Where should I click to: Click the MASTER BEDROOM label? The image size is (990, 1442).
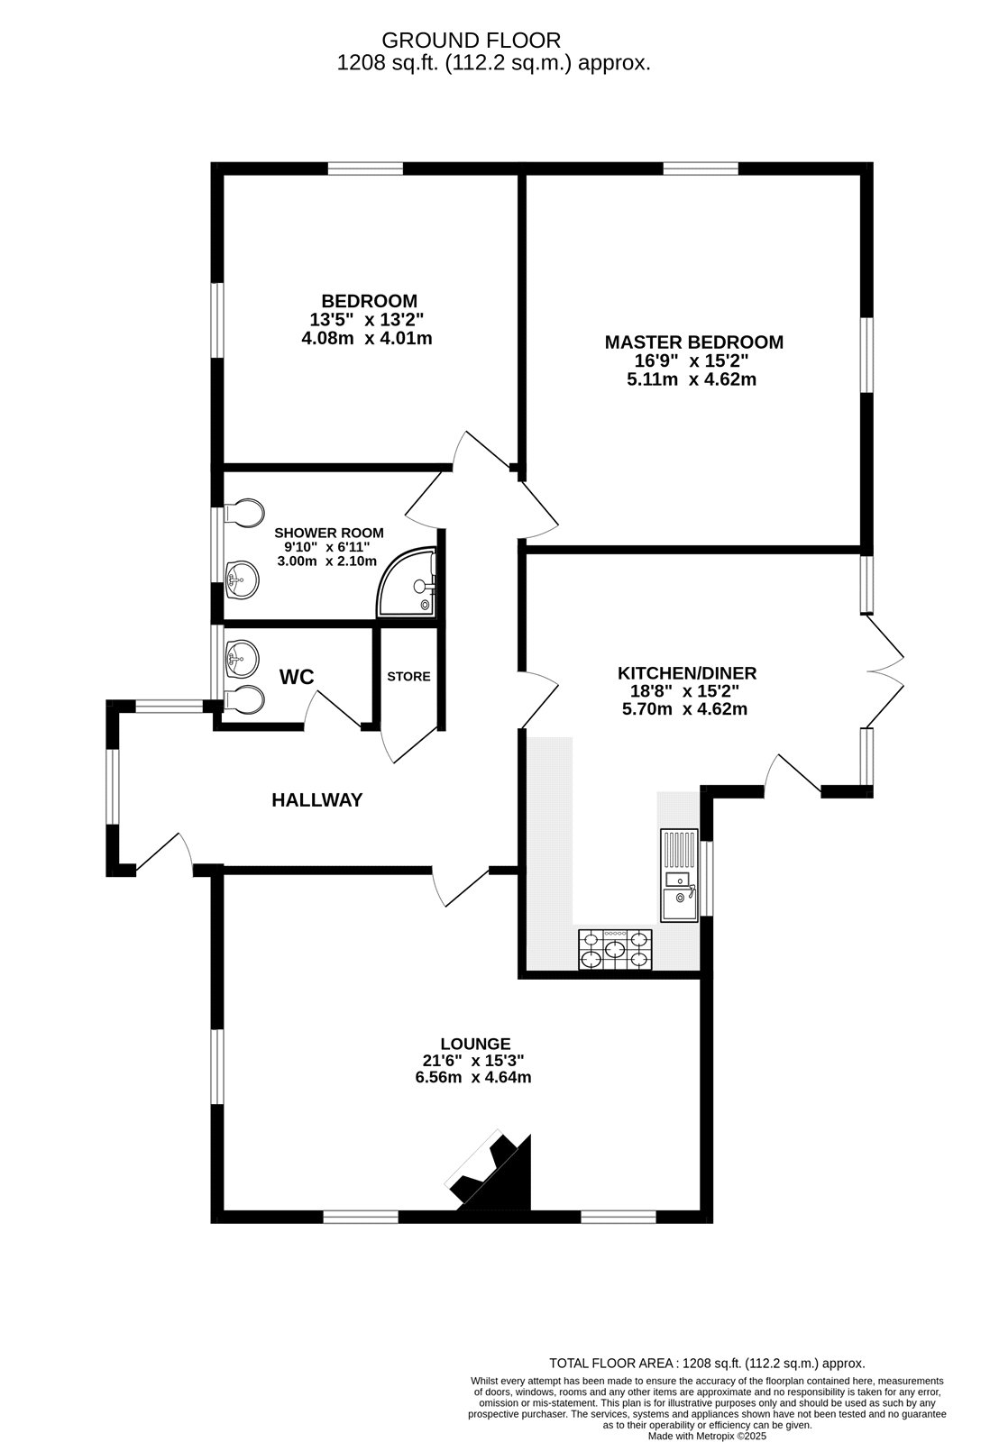[x=692, y=342]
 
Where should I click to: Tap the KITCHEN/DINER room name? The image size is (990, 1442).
[x=686, y=672]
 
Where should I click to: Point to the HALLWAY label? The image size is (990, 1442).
[x=317, y=799]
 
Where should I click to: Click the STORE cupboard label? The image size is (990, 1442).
[x=408, y=676]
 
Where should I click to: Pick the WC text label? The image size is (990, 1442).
[x=297, y=677]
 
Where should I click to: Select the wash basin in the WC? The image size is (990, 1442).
[x=241, y=656]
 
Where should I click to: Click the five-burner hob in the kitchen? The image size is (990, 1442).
[x=614, y=950]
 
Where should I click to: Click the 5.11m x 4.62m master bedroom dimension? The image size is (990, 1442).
[x=691, y=379]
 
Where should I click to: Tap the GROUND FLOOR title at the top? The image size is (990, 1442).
[x=471, y=41]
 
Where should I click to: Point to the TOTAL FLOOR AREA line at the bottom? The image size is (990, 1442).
[x=707, y=1364]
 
